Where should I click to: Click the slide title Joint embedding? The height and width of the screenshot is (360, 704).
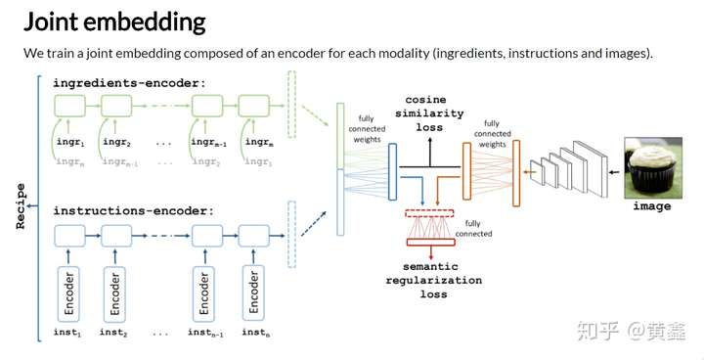tap(114, 21)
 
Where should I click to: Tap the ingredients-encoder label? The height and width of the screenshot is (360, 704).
tap(129, 83)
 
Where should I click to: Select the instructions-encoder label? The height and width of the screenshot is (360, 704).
tap(133, 211)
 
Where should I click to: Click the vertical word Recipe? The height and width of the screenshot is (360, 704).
tap(20, 208)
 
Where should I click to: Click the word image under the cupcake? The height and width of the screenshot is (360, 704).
tap(651, 206)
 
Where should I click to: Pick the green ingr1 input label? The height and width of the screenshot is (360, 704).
tap(69, 143)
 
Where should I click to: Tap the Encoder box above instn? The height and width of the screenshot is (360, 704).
tap(255, 291)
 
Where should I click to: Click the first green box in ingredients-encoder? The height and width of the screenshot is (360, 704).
tap(69, 106)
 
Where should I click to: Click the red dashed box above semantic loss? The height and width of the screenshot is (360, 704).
tap(430, 211)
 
